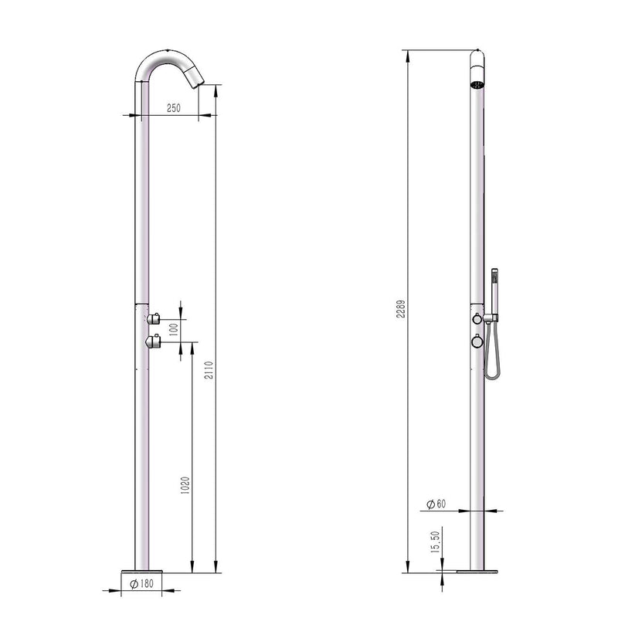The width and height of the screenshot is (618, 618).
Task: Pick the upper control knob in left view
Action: coord(154,317)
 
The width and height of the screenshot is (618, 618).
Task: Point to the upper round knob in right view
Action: coord(478,320)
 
